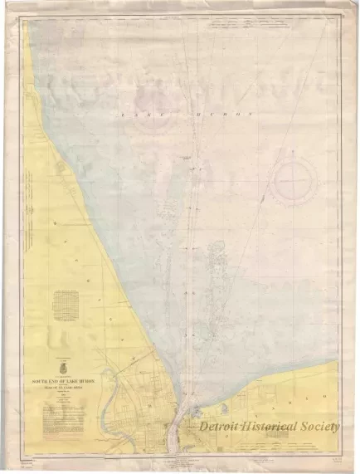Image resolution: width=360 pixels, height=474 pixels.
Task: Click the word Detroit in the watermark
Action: coord(226,426)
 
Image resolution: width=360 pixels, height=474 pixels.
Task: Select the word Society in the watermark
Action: coord(322,426)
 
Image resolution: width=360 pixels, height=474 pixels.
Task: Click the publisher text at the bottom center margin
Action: coord(181,459)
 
